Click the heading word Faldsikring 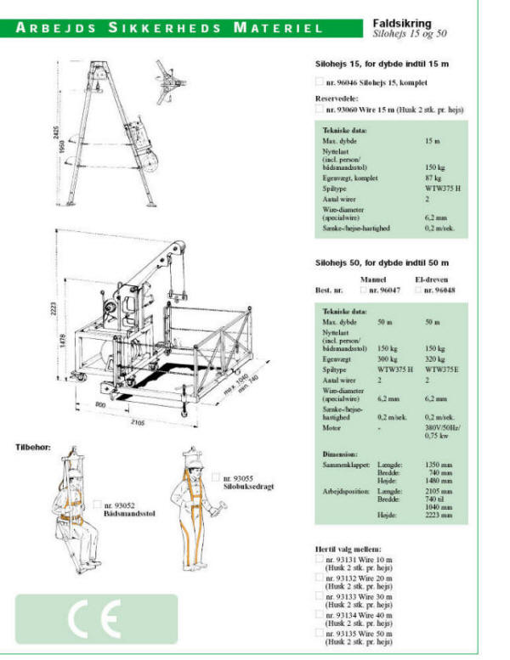[x=402, y=24]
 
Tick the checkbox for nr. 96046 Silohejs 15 [x=319, y=82]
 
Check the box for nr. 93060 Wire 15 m [x=319, y=109]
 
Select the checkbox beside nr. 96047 [x=363, y=291]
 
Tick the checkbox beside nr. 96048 [x=416, y=291]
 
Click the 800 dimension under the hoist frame [x=100, y=406]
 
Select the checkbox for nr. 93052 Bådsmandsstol [x=98, y=505]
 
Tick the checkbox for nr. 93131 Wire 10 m [x=319, y=561]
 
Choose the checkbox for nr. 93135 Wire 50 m [x=319, y=633]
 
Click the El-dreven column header [x=432, y=278]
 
